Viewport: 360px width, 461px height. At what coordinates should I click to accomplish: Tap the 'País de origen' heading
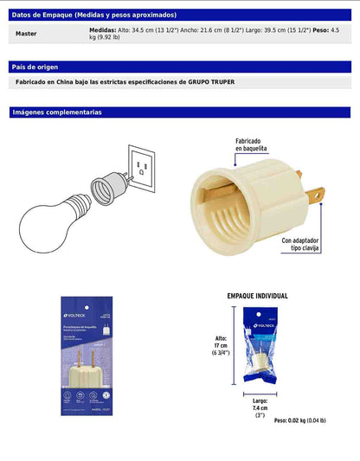[x=35, y=67]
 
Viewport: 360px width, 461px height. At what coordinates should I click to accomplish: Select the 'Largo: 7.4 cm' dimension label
[x=259, y=407]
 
